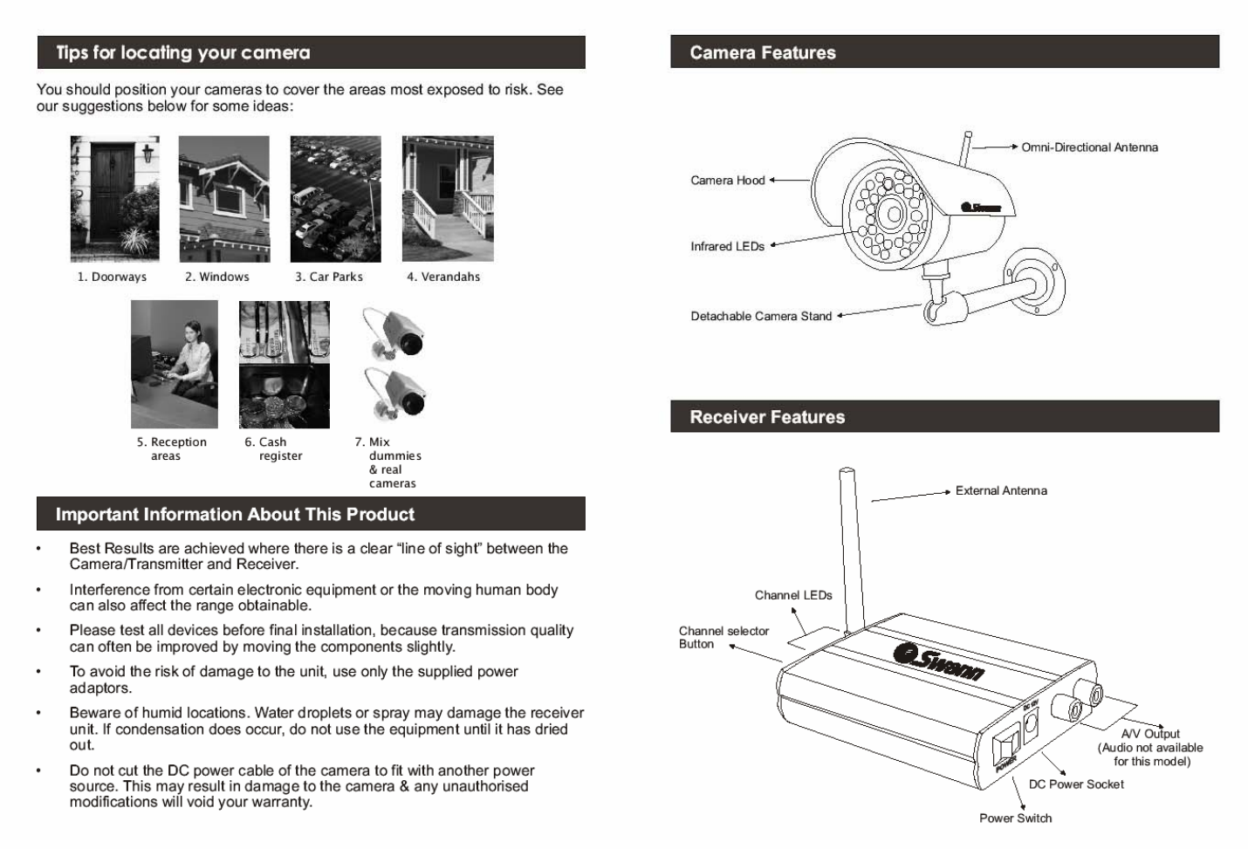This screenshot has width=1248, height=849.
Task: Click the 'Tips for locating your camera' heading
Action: click(x=183, y=52)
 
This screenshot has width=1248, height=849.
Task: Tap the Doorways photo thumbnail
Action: click(x=115, y=198)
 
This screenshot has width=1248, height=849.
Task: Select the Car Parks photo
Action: click(x=335, y=198)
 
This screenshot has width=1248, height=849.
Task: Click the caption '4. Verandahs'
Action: click(x=443, y=277)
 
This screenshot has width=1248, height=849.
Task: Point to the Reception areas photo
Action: click(x=175, y=364)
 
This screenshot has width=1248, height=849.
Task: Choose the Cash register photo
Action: click(x=285, y=364)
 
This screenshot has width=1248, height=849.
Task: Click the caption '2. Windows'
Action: click(x=217, y=277)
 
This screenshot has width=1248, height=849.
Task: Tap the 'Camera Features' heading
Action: click(x=762, y=52)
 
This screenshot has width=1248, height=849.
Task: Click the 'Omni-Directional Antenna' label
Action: click(x=1089, y=147)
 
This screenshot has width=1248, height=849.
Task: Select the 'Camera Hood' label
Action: click(x=727, y=181)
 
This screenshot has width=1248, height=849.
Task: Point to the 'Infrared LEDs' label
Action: click(x=727, y=247)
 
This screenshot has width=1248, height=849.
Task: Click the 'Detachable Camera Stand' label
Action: click(x=761, y=317)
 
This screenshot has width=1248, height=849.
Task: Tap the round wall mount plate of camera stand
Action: click(x=1034, y=282)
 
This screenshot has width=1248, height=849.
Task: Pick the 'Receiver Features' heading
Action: click(x=767, y=417)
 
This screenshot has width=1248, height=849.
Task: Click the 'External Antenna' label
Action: click(x=1001, y=491)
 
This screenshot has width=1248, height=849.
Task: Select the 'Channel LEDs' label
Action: click(x=793, y=595)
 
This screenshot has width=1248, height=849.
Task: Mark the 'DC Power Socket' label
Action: click(x=1076, y=784)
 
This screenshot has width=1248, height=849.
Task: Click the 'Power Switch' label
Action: click(x=1015, y=818)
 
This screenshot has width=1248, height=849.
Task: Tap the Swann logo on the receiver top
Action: click(x=941, y=661)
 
